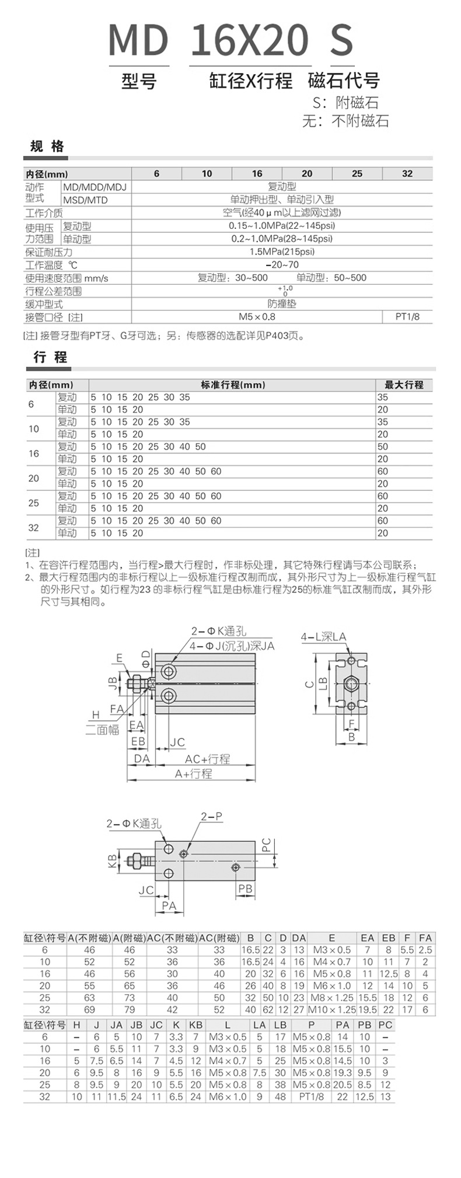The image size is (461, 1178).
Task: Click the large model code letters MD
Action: [138, 40]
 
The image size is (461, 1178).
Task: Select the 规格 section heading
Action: [47, 147]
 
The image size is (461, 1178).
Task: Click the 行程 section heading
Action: [50, 357]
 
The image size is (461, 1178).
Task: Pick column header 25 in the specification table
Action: [357, 173]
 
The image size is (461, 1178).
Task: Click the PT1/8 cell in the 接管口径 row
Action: [407, 317]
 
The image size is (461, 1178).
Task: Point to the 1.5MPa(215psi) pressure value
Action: [282, 252]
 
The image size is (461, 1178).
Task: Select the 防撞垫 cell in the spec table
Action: [282, 304]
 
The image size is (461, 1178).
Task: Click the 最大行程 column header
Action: [404, 385]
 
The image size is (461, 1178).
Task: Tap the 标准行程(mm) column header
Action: [233, 385]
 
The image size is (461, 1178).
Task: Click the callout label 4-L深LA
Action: [323, 637]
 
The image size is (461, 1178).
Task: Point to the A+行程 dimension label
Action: [193, 773]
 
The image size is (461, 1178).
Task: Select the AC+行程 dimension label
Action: [207, 759]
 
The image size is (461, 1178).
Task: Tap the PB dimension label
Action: [246, 888]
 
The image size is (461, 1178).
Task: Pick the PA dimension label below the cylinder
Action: [169, 905]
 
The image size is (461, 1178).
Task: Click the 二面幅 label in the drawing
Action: [102, 730]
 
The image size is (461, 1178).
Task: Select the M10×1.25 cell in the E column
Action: [331, 1009]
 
